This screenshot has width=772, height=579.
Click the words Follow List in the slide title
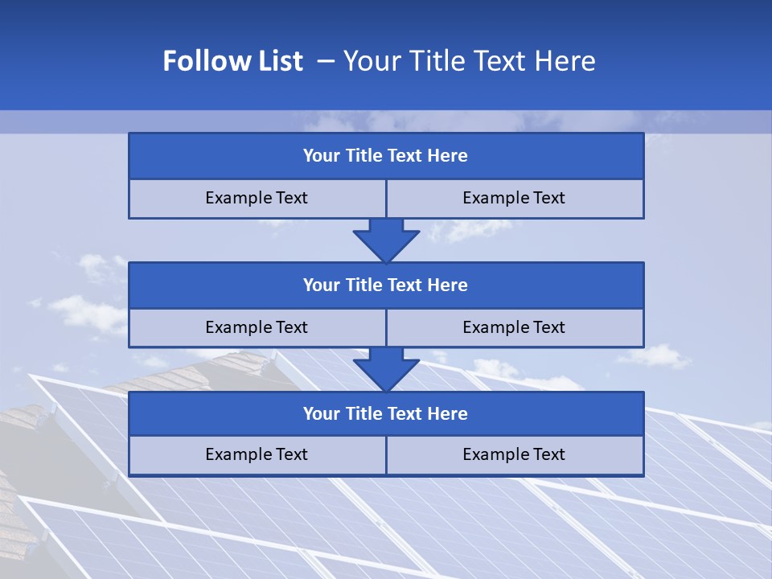click(x=232, y=61)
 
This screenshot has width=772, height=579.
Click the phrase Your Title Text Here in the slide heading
click(x=469, y=61)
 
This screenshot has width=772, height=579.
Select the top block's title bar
click(x=386, y=156)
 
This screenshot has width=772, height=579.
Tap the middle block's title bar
click(x=386, y=285)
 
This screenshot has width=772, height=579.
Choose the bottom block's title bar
click(x=386, y=413)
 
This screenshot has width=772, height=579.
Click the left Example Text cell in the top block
click(x=257, y=198)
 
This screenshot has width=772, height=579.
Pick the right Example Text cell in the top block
click(x=515, y=198)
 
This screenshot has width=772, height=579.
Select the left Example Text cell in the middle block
click(x=257, y=327)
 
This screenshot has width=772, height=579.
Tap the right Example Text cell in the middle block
click(x=515, y=327)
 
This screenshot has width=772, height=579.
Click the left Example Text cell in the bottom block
click(x=257, y=454)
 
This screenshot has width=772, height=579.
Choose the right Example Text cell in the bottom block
click(x=515, y=454)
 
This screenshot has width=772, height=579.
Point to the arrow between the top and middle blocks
click(x=386, y=240)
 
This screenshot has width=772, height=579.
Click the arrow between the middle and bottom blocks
click(x=386, y=369)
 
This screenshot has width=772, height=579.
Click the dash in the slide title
click(x=326, y=62)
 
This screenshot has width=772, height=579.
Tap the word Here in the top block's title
click(x=448, y=156)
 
